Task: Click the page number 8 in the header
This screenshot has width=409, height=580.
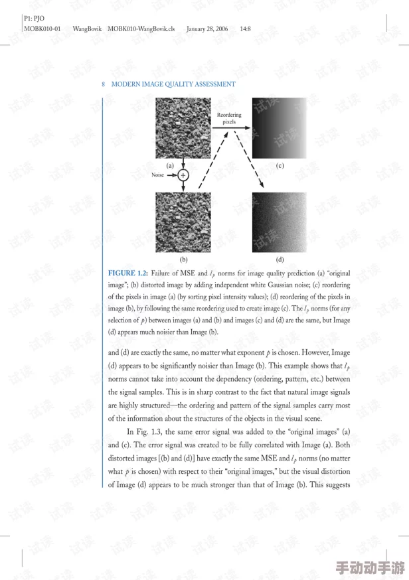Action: [x=104, y=84]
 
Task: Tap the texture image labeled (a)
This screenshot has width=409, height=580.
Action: [x=183, y=128]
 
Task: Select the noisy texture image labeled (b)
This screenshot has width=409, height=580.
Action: [x=183, y=222]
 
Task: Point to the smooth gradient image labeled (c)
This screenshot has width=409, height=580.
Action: [x=279, y=128]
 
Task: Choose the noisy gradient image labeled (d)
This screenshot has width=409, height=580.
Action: [x=279, y=222]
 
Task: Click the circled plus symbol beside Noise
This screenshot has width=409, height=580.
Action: [x=183, y=175]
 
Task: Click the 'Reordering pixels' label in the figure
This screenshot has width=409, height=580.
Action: [x=229, y=118]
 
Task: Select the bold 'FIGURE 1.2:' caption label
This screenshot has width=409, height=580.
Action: [x=127, y=273]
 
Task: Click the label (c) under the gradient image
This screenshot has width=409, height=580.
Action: [x=280, y=165]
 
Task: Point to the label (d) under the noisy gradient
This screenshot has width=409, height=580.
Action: [x=280, y=259]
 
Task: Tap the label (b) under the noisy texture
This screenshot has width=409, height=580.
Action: [x=183, y=259]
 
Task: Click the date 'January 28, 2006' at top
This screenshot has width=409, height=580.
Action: [x=206, y=29]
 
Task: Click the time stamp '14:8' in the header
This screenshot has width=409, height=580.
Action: [x=245, y=29]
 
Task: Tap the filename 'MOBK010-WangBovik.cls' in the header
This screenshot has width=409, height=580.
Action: [x=141, y=29]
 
